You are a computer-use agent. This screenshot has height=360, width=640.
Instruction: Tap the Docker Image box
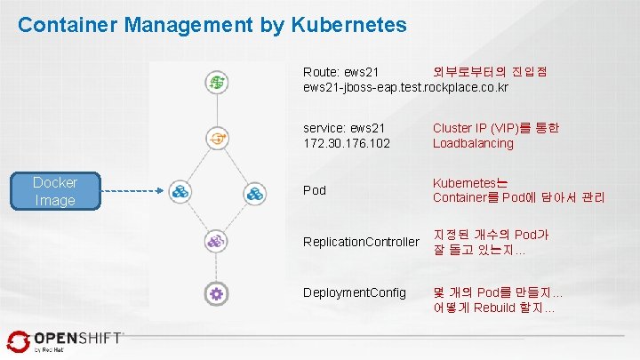tap(55, 191)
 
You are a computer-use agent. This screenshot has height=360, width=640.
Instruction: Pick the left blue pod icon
tap(180, 191)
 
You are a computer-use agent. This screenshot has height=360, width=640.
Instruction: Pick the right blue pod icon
tap(255, 191)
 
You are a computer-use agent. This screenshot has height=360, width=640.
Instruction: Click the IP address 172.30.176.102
tap(347, 144)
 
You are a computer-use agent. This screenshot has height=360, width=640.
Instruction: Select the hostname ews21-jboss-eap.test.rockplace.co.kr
tap(405, 87)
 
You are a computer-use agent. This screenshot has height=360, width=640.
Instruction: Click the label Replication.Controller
tap(360, 242)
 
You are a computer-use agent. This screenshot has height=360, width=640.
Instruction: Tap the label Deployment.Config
tap(354, 292)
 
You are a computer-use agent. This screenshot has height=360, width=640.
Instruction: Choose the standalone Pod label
tap(314, 190)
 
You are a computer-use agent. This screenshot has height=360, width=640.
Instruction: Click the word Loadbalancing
tap(473, 144)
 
